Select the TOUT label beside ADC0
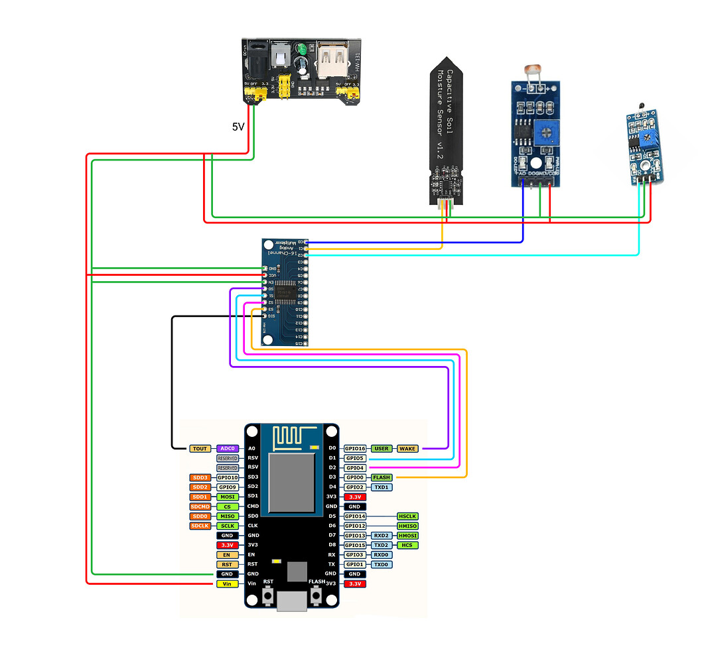[x=200, y=449]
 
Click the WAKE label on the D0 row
[x=407, y=449]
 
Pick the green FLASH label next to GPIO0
[x=382, y=477]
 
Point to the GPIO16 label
[x=356, y=449]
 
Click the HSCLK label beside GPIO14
[x=407, y=516]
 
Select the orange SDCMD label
[x=200, y=507]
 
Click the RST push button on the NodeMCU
[x=268, y=597]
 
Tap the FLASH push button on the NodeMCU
[x=316, y=597]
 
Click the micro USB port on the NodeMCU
[x=292, y=601]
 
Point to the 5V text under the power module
[x=238, y=126]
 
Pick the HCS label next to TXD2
[x=407, y=545]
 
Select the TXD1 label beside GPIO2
[x=382, y=487]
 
